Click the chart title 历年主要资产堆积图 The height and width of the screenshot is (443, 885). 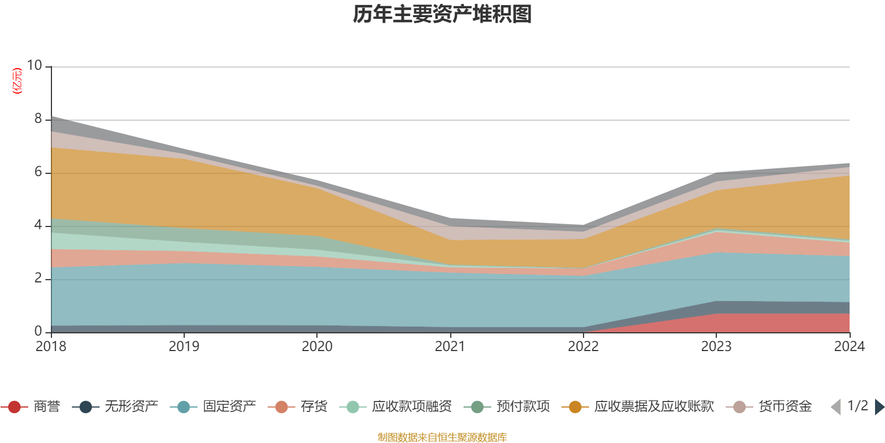[x=442, y=14]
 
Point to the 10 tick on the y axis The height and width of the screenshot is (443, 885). [x=34, y=65]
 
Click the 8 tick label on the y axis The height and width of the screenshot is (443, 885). [x=38, y=119]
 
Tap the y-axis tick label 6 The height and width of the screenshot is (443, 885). [x=38, y=172]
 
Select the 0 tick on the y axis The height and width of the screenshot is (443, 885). [x=38, y=331]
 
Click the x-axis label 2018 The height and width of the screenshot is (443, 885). [x=51, y=347]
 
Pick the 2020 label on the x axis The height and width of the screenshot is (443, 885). [x=317, y=347]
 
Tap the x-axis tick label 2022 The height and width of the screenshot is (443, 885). [x=583, y=347]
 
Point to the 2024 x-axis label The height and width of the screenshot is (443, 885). [x=849, y=347]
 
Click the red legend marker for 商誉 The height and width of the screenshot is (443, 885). [x=14, y=407]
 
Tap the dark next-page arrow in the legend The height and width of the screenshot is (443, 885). [x=879, y=407]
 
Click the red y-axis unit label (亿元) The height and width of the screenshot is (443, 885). [x=17, y=81]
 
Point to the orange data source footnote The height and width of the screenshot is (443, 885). [x=442, y=437]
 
